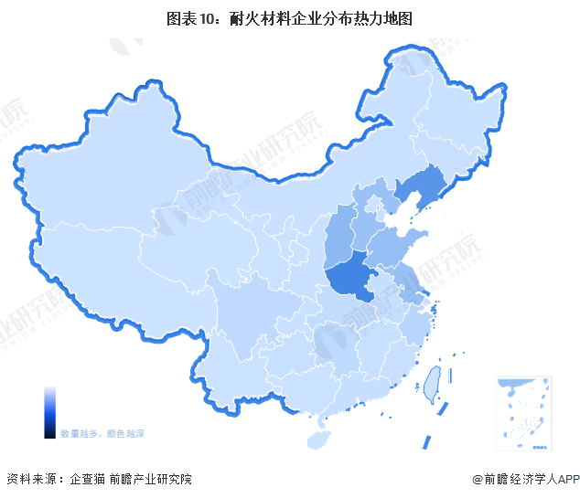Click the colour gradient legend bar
(49, 411)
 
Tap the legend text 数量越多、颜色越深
(102, 432)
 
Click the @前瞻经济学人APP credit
(522, 479)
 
